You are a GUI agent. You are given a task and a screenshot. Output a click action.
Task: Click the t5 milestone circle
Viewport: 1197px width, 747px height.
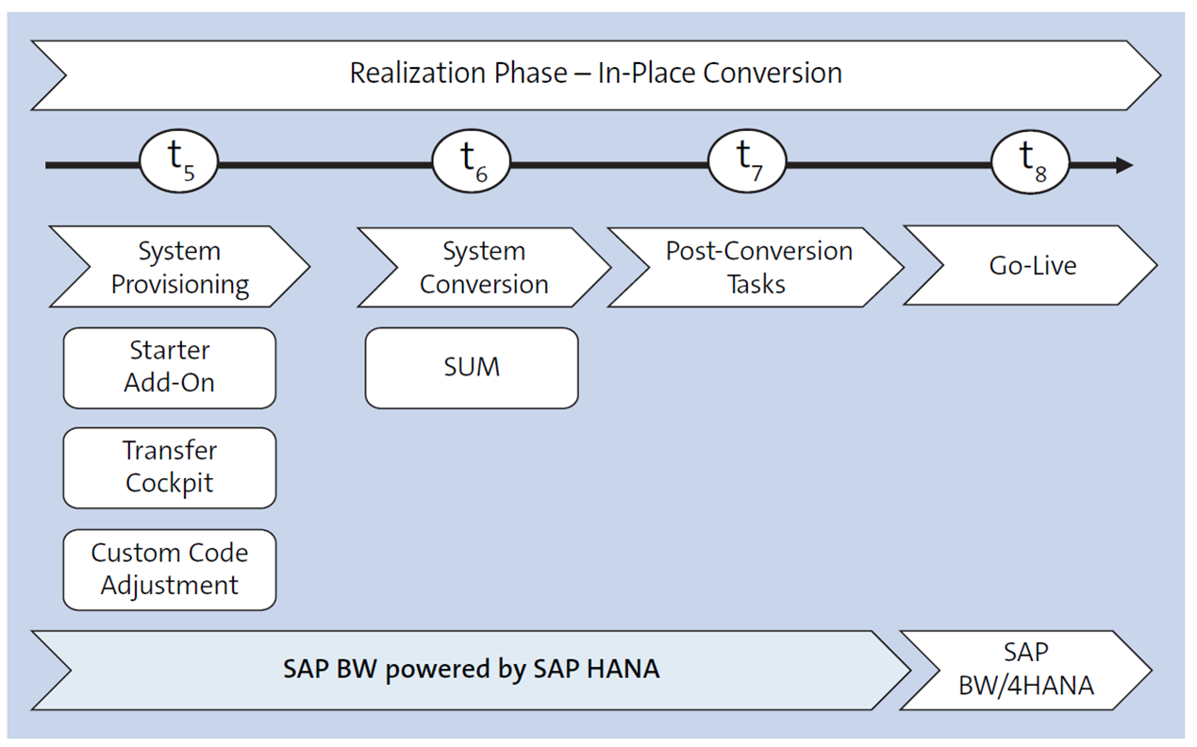[x=179, y=161]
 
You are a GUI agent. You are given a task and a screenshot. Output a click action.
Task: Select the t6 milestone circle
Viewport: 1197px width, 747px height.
[x=471, y=161]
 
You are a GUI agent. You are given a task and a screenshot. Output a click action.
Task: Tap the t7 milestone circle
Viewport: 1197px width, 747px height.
[x=747, y=161]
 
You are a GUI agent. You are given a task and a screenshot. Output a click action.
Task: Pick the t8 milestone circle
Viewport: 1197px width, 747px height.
[x=1031, y=161]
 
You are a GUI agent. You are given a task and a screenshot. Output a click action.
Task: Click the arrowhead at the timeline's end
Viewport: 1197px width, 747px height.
[x=1123, y=166]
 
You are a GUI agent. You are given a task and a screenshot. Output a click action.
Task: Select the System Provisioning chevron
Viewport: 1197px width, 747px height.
[x=179, y=268]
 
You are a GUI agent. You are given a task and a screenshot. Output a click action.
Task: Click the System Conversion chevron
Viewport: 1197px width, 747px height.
[x=483, y=268]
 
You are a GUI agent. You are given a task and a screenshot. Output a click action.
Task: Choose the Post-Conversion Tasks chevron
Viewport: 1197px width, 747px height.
[x=757, y=267]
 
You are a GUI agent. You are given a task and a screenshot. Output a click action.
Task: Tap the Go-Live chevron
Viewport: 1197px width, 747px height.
[x=1032, y=266]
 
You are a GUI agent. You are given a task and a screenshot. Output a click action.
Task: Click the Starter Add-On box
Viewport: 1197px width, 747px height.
[x=170, y=367]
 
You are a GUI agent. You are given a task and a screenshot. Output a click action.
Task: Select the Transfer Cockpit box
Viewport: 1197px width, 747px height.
[x=170, y=467]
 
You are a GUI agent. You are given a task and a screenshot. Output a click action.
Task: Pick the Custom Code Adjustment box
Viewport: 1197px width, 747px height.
[x=170, y=569]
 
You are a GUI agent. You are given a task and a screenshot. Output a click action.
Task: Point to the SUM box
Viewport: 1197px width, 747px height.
[x=472, y=367]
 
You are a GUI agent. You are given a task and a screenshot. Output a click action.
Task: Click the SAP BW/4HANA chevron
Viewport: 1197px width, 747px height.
[x=1026, y=670]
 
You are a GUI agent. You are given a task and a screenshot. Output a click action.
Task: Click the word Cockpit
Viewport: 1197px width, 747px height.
[x=170, y=483]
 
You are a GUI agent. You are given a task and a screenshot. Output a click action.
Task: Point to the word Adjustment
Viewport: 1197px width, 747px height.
[x=170, y=586]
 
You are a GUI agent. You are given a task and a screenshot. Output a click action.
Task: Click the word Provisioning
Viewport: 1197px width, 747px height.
[x=180, y=285]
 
